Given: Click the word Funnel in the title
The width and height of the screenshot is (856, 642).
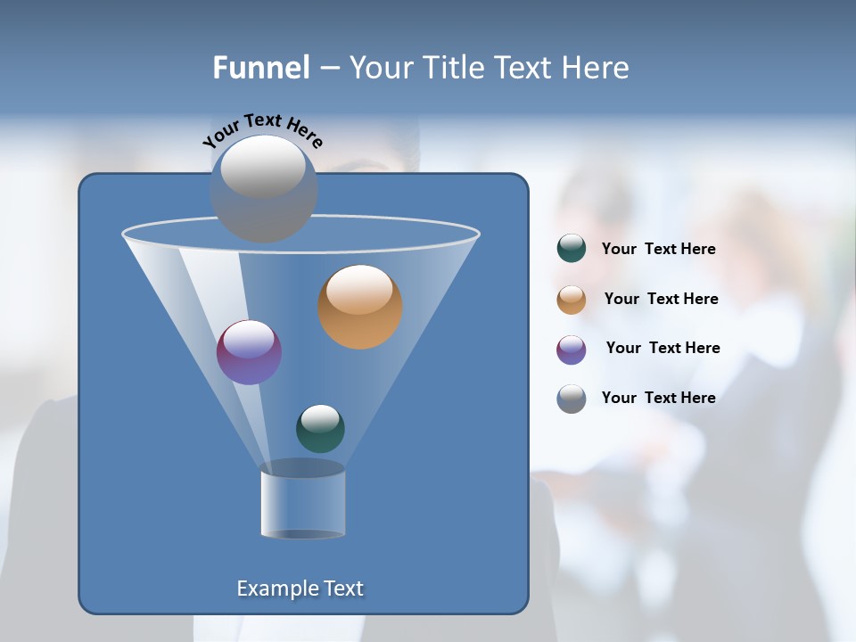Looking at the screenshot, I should point(260,68).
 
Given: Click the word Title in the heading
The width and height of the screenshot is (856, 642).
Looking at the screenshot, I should point(452,68).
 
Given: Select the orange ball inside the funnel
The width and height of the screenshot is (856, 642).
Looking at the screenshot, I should point(360,306).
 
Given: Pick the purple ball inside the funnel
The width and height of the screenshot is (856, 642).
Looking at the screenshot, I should point(249,352).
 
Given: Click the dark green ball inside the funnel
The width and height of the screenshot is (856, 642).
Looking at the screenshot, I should point(320,428).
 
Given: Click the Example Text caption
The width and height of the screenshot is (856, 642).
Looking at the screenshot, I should point(300,588).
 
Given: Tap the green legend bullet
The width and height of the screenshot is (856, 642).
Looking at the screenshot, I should point(572,249).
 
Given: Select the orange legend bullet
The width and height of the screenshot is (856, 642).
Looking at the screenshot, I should point(572,299).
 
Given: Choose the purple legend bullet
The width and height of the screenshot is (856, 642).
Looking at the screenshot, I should point(572,349).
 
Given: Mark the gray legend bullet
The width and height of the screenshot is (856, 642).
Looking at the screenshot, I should point(572,399).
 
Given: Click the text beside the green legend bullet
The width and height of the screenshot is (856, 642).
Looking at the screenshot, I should point(658,250).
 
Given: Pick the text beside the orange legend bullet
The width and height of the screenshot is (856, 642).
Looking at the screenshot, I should point(661,300).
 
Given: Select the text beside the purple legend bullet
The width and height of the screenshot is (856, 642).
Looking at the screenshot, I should point(663,349).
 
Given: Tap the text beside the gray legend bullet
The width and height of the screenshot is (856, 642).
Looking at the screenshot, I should point(658,399).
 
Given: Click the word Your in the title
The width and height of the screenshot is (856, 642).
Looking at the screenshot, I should point(380,68).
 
